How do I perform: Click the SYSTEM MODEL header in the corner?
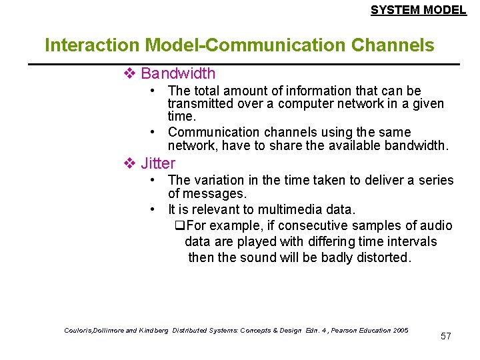418,10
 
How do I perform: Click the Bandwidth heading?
178,73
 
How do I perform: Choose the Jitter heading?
158,163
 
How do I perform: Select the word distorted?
382,257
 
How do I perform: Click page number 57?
446,336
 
